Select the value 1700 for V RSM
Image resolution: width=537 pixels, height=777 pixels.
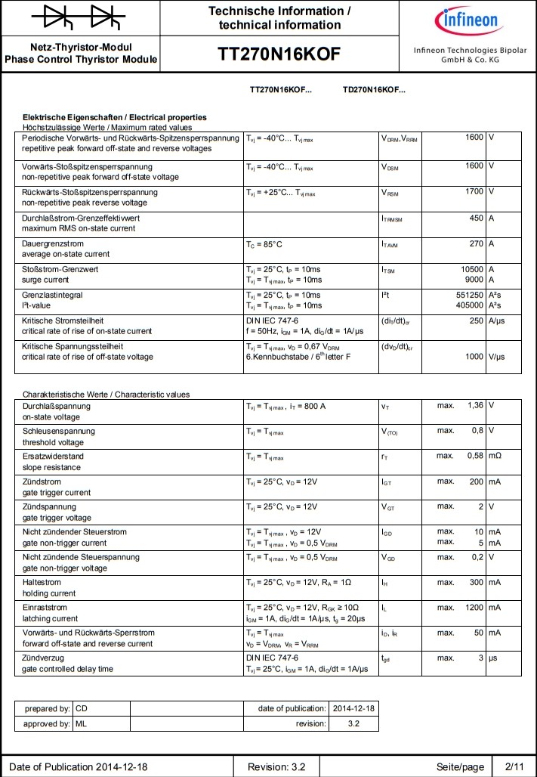click(474, 191)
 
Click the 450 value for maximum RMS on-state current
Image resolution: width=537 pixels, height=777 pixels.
click(476, 218)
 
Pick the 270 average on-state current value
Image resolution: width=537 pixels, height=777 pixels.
click(476, 243)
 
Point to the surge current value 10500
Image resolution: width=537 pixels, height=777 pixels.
click(472, 269)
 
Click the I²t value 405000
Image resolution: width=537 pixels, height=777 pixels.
click(469, 305)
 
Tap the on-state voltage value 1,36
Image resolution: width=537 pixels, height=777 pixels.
click(475, 405)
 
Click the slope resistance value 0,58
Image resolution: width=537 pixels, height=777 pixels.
click(475, 456)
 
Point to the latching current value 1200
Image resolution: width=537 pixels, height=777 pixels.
click(474, 607)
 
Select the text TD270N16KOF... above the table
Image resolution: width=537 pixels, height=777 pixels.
click(374, 89)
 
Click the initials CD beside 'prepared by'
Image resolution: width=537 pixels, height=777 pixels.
click(82, 709)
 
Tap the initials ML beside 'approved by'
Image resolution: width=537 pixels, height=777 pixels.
click(82, 723)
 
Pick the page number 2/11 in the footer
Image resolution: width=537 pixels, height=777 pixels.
click(514, 766)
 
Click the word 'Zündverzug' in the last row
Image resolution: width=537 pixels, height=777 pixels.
click(43, 658)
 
